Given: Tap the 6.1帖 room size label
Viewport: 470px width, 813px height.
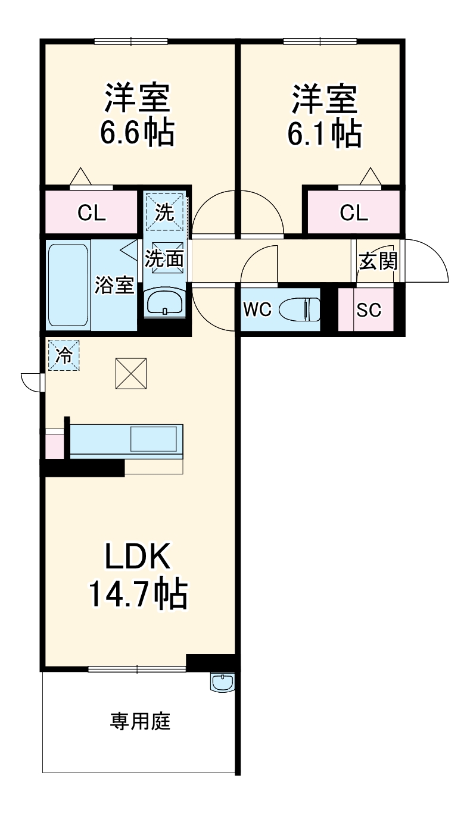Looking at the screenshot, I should (x=324, y=135).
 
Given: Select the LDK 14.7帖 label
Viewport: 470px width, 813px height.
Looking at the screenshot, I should (x=138, y=576).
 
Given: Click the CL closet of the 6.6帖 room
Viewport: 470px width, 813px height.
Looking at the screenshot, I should (x=92, y=212).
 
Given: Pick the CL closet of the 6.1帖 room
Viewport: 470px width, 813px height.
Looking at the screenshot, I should (x=353, y=212).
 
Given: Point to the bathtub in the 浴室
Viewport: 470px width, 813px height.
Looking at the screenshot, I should (x=68, y=285).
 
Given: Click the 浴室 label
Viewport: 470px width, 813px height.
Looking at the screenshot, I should (x=114, y=285).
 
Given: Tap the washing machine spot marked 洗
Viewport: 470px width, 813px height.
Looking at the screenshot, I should (x=164, y=212).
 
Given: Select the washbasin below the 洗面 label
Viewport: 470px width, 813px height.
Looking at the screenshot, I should (x=164, y=302).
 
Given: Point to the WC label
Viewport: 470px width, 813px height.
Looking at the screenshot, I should (x=257, y=309).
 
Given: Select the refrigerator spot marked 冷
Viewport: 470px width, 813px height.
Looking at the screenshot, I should (x=63, y=355).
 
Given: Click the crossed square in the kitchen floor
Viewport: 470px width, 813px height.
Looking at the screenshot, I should (x=131, y=373).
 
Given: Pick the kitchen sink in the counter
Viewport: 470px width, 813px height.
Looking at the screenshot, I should (x=153, y=439).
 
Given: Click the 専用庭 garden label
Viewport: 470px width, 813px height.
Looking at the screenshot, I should (x=140, y=721).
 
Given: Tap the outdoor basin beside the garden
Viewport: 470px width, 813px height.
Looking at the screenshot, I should (x=223, y=683).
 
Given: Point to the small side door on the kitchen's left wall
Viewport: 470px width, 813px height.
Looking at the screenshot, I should (x=32, y=382).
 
